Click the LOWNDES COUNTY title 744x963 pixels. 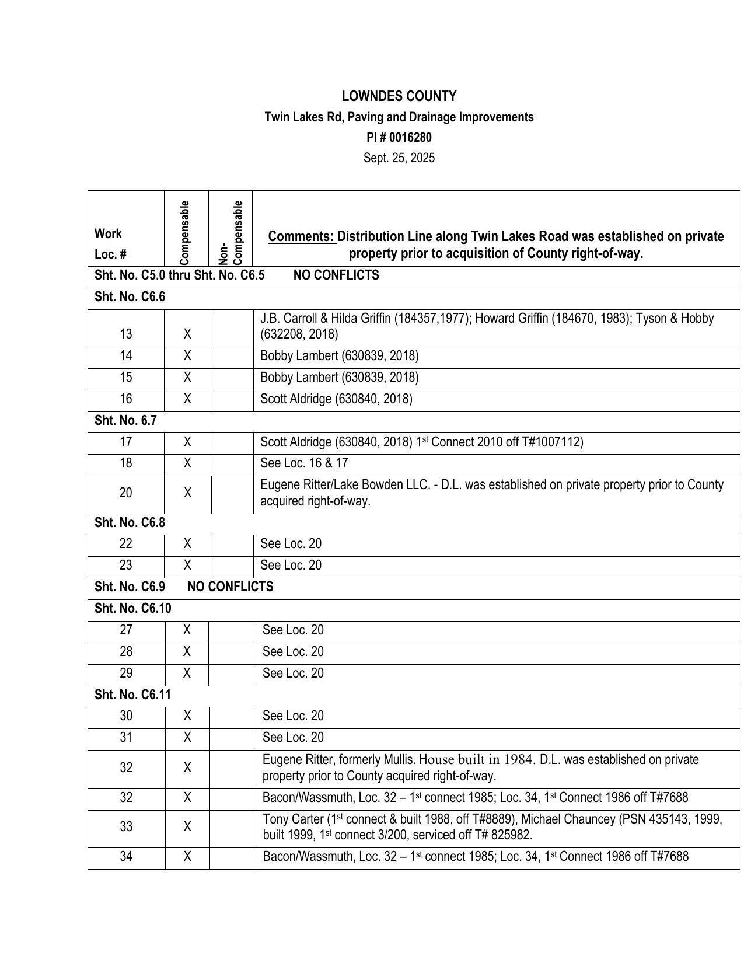coord(399,96)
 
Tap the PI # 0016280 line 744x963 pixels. coord(399,138)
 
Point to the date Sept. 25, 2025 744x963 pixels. coord(399,158)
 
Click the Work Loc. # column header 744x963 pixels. coord(110,244)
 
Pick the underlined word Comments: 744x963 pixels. coord(301,236)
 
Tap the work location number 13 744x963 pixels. coord(125,334)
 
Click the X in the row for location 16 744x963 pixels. coord(187,399)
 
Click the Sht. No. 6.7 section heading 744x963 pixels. coord(125,420)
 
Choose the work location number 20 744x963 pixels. coord(125,493)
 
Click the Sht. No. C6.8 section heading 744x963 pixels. coord(130,522)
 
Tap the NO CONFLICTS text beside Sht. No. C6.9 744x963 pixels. coord(230,587)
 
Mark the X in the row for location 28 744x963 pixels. coord(187,652)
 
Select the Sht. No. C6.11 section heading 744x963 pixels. coord(132,695)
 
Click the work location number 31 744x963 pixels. coord(126,738)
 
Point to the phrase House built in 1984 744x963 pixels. coord(477,760)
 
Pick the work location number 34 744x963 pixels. coord(126,857)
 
